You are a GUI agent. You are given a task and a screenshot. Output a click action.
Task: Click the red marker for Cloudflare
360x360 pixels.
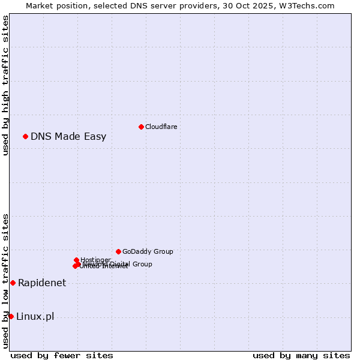141,127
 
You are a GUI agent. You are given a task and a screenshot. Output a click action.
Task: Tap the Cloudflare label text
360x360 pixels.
161,127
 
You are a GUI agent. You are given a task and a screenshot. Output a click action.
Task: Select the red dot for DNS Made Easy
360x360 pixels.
25,136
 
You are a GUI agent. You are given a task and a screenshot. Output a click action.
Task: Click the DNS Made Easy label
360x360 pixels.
68,136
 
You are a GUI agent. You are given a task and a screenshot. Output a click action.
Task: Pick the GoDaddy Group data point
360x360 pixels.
118,251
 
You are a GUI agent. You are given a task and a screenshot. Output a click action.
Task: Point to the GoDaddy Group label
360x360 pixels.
148,251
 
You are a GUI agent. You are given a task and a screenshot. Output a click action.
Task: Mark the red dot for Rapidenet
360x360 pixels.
13,283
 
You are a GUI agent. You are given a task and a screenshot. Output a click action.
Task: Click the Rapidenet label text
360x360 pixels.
42,283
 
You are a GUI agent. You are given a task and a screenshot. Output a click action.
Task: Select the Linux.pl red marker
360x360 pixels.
11,316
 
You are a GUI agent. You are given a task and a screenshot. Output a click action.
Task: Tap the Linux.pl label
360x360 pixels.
35,316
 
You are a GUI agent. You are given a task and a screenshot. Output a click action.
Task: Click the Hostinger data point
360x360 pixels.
76,260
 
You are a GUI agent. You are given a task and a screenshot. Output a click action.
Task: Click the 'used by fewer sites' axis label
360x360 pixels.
62,355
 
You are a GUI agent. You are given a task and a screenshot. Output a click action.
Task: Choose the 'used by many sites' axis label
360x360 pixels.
301,355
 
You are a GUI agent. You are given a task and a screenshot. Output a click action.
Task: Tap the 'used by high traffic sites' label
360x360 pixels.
5,85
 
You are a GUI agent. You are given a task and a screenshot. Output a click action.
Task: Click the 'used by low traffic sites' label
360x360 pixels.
5,281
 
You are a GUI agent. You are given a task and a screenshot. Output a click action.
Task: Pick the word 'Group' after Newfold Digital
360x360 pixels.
142,264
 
